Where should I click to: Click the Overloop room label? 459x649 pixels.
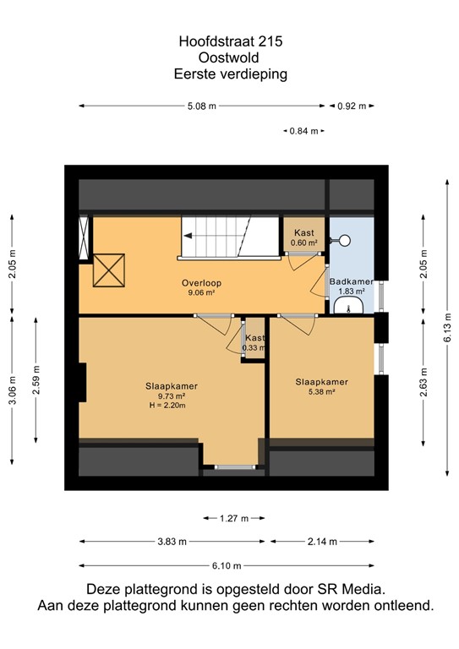[x=201, y=283]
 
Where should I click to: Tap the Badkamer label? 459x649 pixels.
[x=351, y=282]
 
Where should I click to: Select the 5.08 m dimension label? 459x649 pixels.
[x=201, y=106]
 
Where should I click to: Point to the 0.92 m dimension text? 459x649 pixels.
[x=352, y=106]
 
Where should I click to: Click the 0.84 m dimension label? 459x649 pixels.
[x=303, y=131]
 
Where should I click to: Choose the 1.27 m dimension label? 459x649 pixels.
[x=234, y=518]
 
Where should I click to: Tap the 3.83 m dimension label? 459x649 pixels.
[x=172, y=542]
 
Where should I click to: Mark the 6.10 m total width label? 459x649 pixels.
[x=227, y=566]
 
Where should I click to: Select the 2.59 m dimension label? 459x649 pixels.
[x=36, y=380]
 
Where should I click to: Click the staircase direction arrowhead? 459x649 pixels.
[x=188, y=236]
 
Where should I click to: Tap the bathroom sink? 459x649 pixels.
[x=348, y=307]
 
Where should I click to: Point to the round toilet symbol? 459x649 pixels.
[x=343, y=241]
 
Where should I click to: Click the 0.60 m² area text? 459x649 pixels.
[x=304, y=243]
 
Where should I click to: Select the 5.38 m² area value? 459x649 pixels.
[x=321, y=391]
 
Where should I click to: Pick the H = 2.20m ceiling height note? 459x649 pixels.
[x=167, y=406]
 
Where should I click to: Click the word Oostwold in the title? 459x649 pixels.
[x=228, y=57]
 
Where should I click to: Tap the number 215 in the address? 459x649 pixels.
[x=270, y=41]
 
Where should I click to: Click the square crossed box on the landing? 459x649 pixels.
[x=109, y=270]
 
